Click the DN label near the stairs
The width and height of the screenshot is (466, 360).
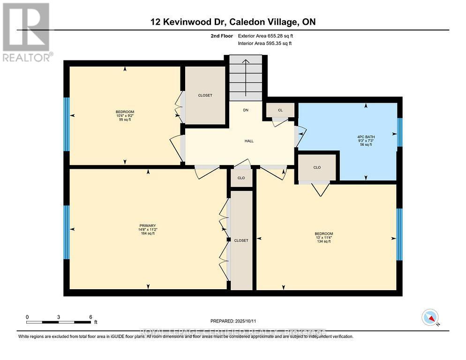245,111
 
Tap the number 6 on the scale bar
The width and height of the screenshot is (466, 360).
90,317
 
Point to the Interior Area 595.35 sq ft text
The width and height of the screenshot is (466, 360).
265,43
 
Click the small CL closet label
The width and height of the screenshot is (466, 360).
280,110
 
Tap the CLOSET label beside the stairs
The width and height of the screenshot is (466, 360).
205,95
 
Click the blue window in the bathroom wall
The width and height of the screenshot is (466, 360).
399,132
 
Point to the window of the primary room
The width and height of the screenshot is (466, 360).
67,232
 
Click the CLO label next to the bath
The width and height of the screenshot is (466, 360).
317,167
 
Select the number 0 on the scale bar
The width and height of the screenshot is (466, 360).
27,317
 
